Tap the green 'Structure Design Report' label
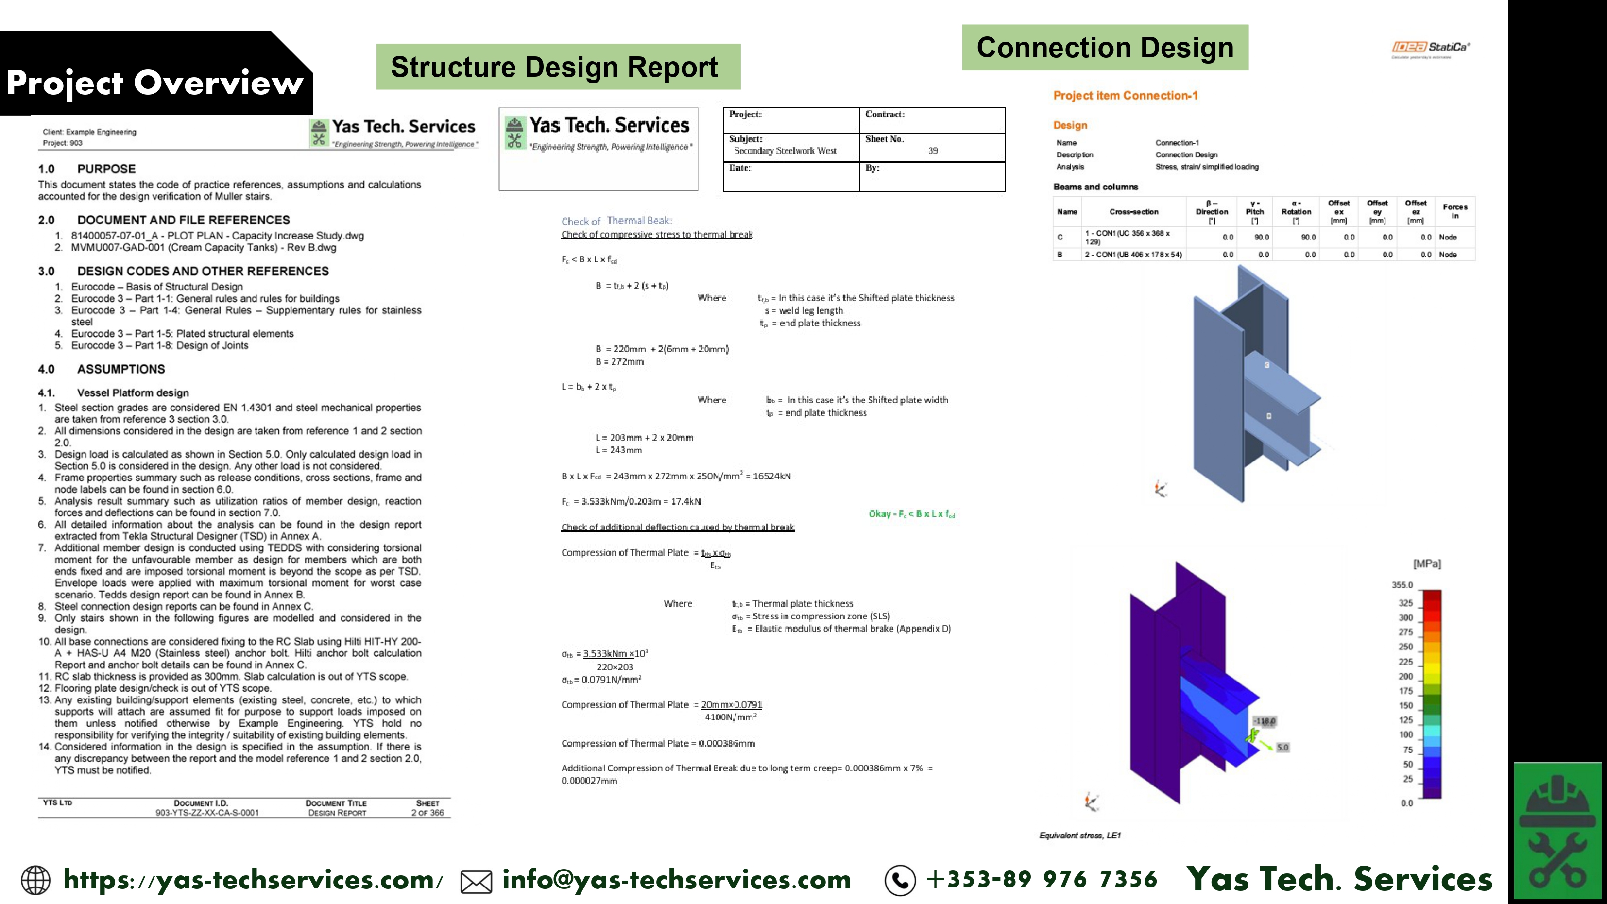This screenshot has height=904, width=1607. point(558,67)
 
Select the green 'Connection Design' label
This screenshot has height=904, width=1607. point(1105,48)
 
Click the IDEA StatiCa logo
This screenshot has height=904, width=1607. point(1431,48)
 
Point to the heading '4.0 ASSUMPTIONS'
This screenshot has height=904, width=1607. point(102,369)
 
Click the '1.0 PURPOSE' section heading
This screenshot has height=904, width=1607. point(86,169)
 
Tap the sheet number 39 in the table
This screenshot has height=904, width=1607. point(933,151)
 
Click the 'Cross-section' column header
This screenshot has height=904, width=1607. point(1133,211)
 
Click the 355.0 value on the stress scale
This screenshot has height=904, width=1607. point(1402,584)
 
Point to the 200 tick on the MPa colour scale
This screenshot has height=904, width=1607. point(1405,676)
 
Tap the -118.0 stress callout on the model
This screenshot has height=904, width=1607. point(1265,720)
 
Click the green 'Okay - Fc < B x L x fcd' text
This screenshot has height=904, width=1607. point(911,513)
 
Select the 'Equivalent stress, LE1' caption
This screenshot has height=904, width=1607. point(1080,836)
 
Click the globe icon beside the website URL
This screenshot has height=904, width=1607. point(36,880)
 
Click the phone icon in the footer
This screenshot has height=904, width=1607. point(900,880)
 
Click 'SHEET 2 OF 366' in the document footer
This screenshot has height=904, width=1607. point(427,808)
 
